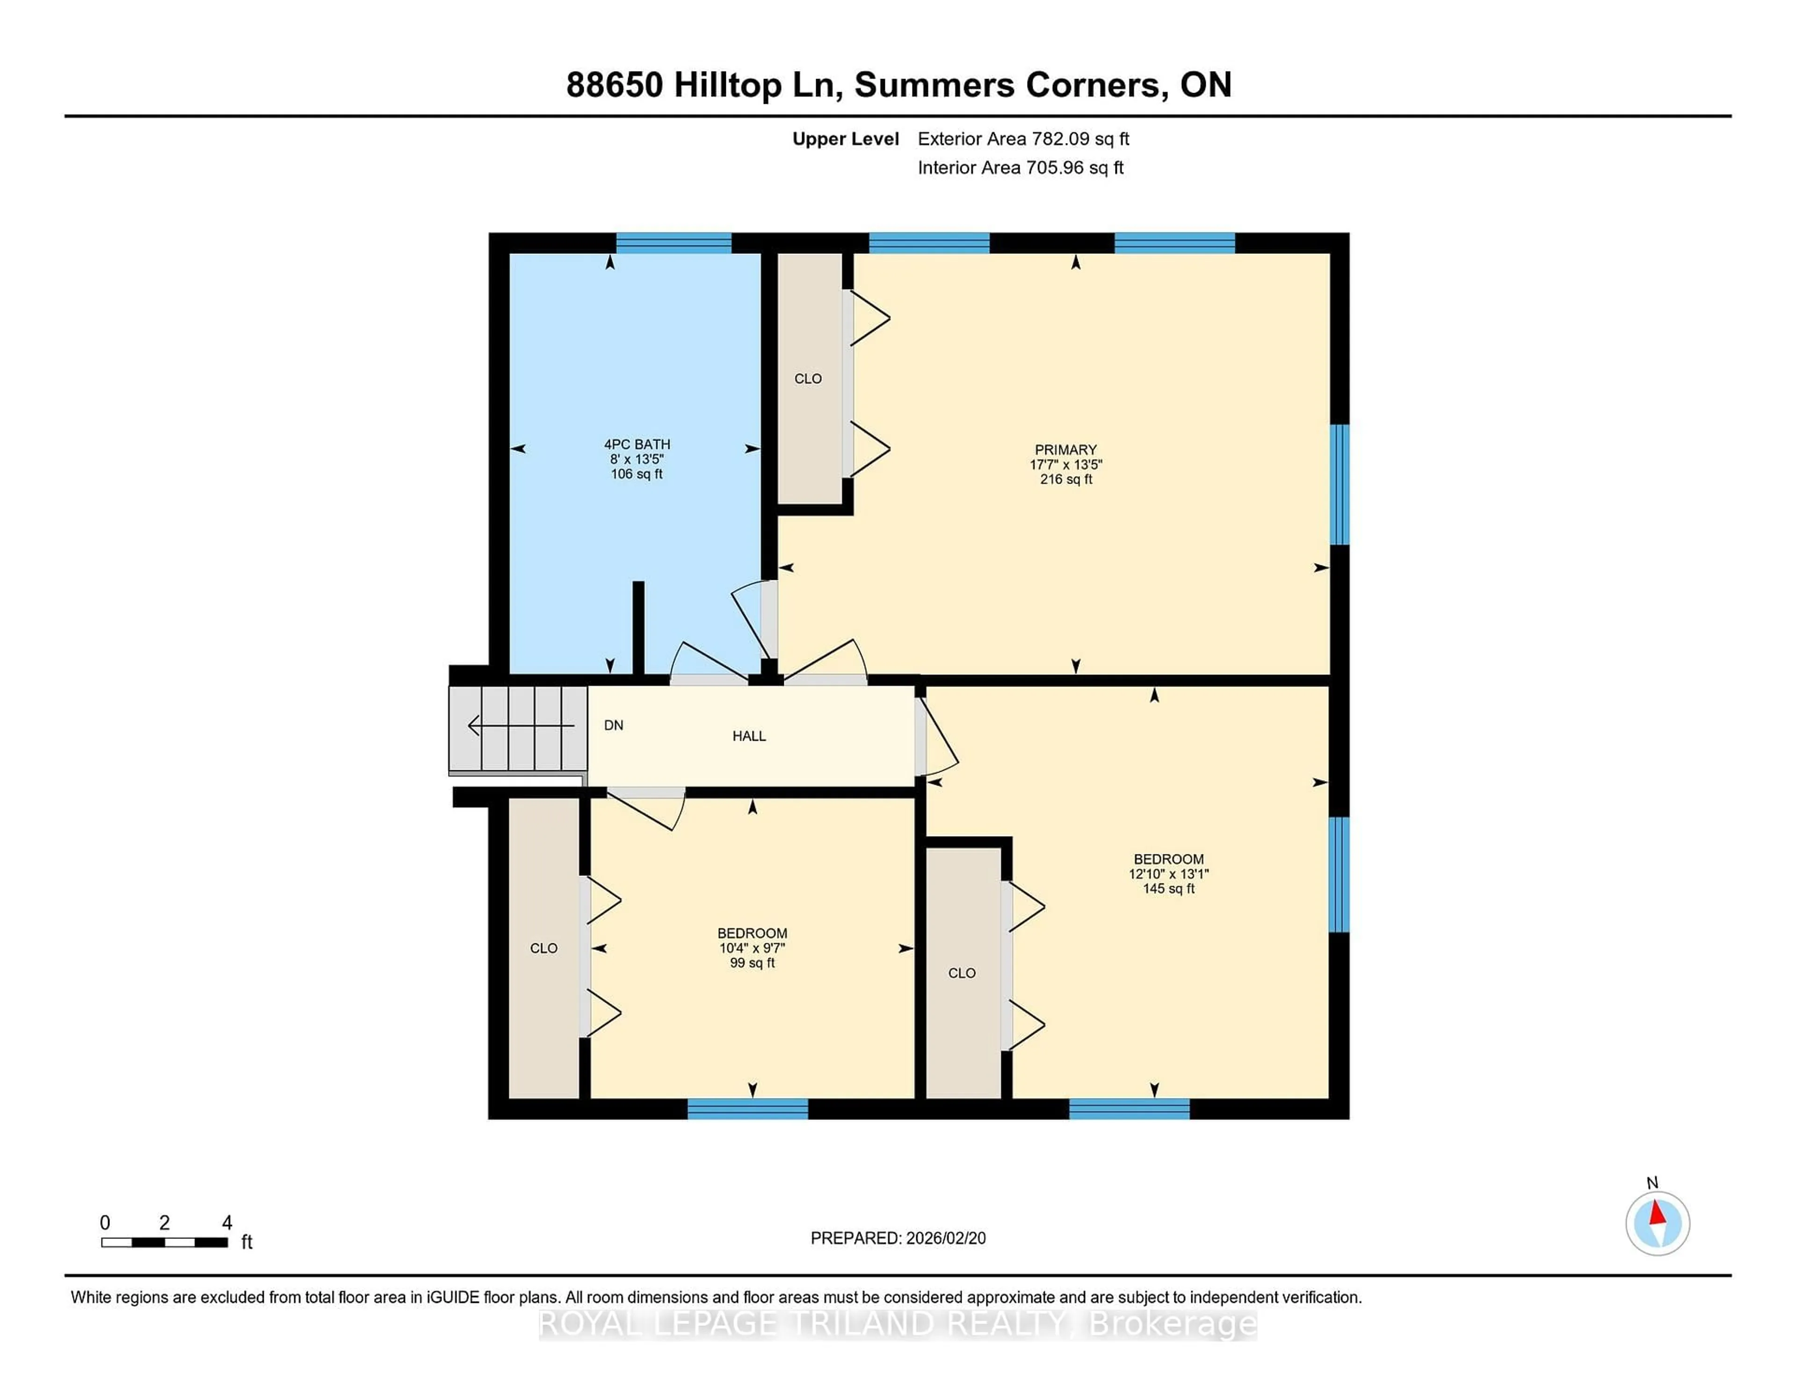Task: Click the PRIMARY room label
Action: pyautogui.click(x=1065, y=450)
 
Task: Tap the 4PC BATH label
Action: pyautogui.click(x=637, y=444)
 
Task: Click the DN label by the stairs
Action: pyautogui.click(x=614, y=725)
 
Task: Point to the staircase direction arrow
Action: pyautogui.click(x=520, y=725)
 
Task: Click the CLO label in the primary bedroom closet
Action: pyautogui.click(x=808, y=378)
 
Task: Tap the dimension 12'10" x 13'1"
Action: pyautogui.click(x=1168, y=874)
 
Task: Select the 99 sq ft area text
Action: pyautogui.click(x=752, y=963)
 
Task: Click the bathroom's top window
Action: pyautogui.click(x=673, y=243)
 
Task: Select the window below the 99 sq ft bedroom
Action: pyautogui.click(x=747, y=1109)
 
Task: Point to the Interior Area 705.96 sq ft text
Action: pyautogui.click(x=1020, y=168)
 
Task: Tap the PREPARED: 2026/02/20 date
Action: pyautogui.click(x=898, y=1238)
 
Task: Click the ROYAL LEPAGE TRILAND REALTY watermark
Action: pyautogui.click(x=898, y=1325)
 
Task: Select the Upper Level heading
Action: pyautogui.click(x=845, y=139)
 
